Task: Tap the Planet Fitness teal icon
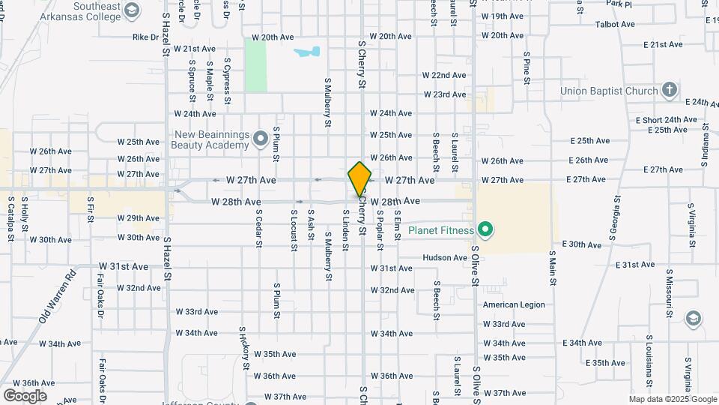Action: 485,230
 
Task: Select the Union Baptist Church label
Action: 610,91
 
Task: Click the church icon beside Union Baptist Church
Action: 670,91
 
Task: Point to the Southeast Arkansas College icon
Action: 133,10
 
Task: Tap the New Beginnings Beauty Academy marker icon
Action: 261,137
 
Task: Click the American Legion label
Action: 514,304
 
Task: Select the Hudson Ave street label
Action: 445,257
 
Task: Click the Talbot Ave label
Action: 615,24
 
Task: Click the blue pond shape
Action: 308,52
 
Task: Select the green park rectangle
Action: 256,66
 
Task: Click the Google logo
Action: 24,395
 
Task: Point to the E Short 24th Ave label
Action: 666,119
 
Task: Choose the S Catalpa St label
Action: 11,219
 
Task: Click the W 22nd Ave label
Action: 444,75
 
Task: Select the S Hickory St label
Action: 243,348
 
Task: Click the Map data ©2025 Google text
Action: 673,399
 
